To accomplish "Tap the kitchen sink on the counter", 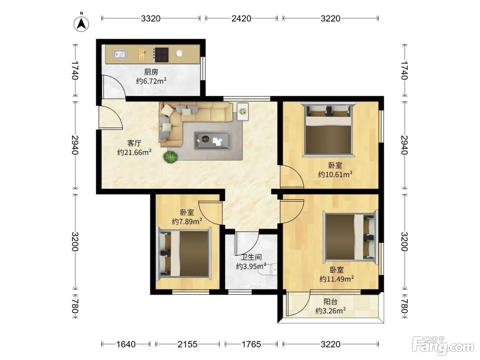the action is [120, 54].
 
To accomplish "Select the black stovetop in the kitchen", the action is [160, 55].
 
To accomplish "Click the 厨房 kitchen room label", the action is [151, 72].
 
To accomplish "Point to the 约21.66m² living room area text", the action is [134, 152].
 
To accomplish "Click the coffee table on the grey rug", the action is [213, 141].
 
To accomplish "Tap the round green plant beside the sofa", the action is [170, 157].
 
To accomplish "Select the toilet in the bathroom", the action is [268, 269].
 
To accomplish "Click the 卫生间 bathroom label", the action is [251, 257].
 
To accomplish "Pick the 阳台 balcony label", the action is [331, 302].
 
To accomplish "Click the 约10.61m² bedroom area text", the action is [335, 175].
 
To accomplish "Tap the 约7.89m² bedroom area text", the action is [187, 221].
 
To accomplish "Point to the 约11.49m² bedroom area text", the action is [337, 279].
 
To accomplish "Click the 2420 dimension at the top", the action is [241, 19].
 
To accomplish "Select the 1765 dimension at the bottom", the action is [251, 345].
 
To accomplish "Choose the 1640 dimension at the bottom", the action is [126, 345].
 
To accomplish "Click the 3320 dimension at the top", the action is [151, 19].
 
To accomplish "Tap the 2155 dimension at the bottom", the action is [188, 345].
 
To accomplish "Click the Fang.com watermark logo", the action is [443, 346].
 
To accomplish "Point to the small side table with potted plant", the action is [243, 111].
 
